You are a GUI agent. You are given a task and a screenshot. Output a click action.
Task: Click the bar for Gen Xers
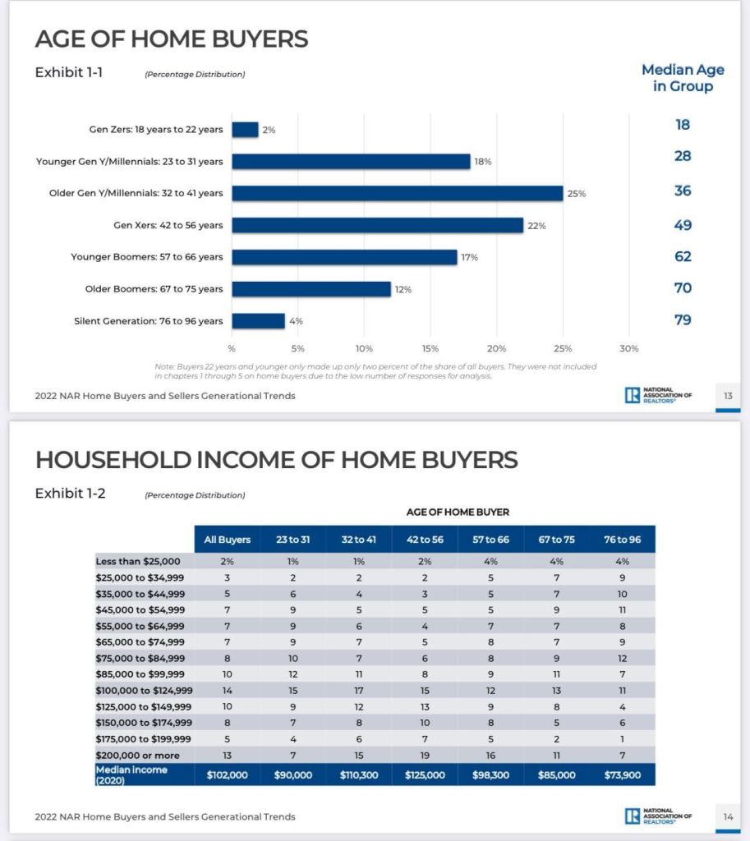[377, 225]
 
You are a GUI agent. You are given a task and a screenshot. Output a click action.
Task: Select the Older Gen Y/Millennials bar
[397, 193]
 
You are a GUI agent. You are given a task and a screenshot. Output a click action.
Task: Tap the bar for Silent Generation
[258, 320]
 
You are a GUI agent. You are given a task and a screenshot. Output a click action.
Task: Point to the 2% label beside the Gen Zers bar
[269, 130]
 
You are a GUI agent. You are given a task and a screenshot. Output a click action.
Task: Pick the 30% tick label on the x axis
[628, 348]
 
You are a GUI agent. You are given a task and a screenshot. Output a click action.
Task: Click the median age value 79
[683, 319]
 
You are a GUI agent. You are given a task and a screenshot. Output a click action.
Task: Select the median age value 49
[683, 225]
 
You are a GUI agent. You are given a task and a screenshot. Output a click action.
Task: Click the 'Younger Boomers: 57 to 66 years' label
[147, 257]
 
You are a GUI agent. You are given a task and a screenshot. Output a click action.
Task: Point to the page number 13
[728, 396]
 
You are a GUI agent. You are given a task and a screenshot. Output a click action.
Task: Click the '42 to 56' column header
[425, 540]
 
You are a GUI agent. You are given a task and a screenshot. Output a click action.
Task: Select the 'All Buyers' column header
[228, 540]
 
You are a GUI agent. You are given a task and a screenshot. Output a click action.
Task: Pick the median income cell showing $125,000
[425, 774]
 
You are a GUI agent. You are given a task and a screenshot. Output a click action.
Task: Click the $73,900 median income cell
[623, 774]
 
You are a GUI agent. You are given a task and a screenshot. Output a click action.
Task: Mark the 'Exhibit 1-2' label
[70, 494]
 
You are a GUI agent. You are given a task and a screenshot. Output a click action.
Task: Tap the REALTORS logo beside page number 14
[658, 816]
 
